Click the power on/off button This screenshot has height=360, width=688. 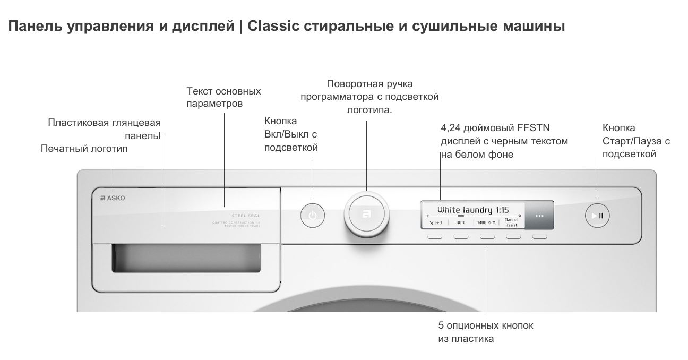(313, 216)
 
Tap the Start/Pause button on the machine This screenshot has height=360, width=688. (597, 216)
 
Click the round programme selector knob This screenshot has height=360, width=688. (366, 215)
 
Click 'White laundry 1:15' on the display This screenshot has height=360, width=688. (473, 209)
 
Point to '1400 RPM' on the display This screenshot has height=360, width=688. (486, 223)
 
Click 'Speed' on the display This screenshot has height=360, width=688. (435, 223)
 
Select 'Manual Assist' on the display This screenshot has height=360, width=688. (511, 222)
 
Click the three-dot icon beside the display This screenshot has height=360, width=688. (539, 216)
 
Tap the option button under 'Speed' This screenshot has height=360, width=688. (435, 237)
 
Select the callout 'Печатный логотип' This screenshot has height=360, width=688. (84, 149)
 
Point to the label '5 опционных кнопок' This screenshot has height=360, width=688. (486, 325)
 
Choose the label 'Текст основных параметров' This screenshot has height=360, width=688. (223, 97)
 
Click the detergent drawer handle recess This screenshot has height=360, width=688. (186, 258)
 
